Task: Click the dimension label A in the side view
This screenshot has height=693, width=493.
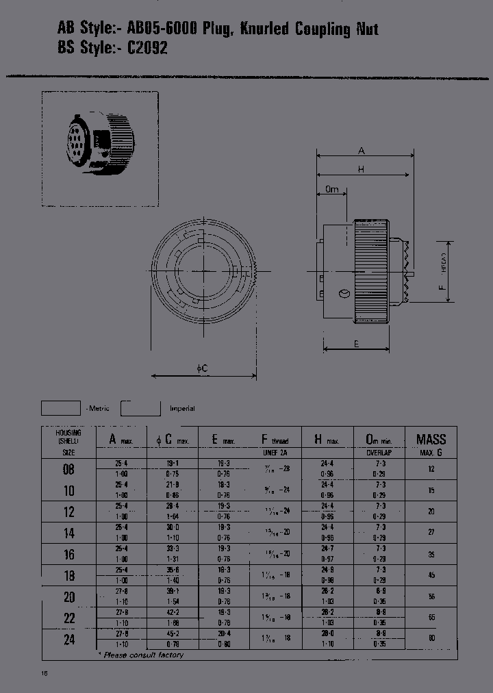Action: coord(362,151)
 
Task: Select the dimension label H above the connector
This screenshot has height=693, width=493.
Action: coord(360,170)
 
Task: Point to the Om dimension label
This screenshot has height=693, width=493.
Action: coord(332,189)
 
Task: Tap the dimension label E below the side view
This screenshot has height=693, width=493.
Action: coord(357,344)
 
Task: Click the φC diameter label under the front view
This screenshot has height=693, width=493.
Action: coord(203,369)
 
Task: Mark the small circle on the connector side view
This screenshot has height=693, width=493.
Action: coord(344,294)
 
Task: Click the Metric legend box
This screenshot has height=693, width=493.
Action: coord(61,408)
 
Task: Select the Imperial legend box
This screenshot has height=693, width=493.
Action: coord(140,408)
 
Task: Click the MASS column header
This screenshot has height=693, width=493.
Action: coord(431,440)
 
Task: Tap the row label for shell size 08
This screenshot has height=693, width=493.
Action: coord(69,469)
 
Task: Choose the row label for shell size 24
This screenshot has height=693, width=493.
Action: coord(69,640)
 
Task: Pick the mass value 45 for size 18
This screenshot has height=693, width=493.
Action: coord(431,575)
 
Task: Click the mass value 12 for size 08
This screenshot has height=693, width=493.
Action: coord(431,469)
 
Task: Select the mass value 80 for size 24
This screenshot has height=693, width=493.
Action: coord(431,640)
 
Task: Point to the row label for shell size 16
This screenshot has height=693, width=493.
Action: coord(69,554)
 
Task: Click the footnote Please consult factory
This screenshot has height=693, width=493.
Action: coord(143,655)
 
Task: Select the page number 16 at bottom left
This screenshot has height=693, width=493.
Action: coord(45,674)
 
